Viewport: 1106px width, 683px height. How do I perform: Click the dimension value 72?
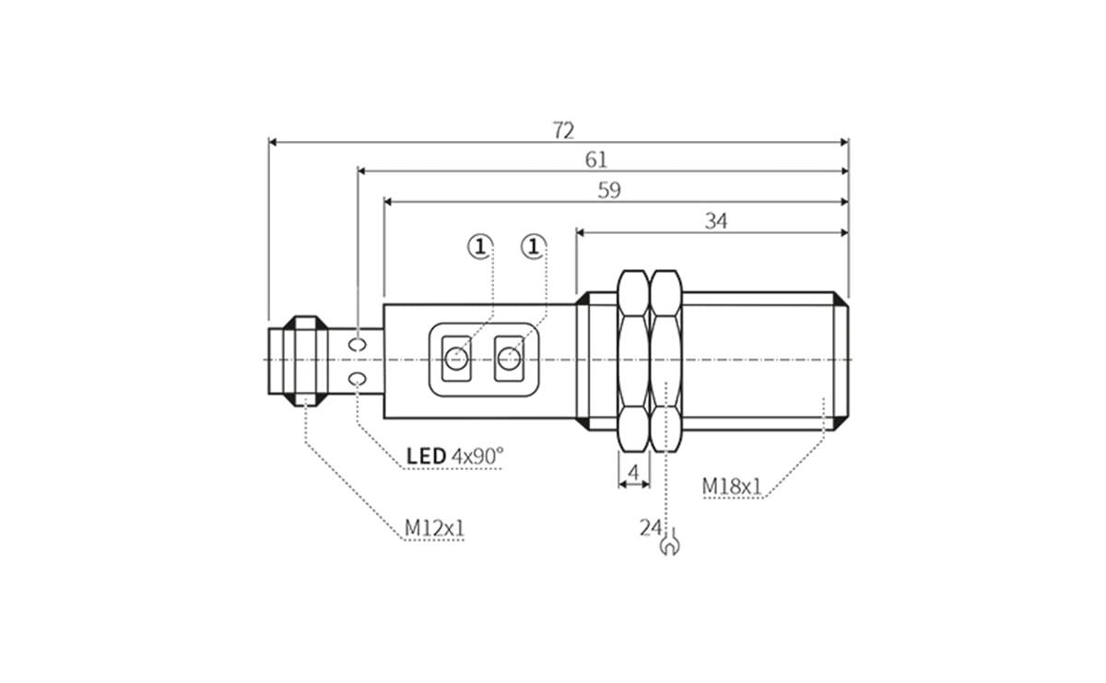(563, 130)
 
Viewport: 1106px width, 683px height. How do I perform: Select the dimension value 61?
(596, 159)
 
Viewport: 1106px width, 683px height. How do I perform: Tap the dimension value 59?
(609, 190)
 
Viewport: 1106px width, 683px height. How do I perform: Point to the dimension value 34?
(715, 221)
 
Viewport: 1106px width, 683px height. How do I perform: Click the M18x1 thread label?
(732, 486)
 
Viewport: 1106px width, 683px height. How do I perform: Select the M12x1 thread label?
(434, 528)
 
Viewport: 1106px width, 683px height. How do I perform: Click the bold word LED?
(427, 455)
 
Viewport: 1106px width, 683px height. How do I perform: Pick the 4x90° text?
(478, 455)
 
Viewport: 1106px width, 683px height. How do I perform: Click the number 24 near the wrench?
(650, 527)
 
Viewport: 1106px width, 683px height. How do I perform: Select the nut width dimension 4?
(632, 472)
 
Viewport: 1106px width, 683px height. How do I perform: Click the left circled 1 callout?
(479, 246)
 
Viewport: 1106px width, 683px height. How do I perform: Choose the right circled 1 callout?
(533, 246)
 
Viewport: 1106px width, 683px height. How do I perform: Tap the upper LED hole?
(358, 344)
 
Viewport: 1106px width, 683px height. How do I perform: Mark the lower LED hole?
(358, 379)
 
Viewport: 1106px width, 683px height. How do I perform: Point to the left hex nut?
(632, 359)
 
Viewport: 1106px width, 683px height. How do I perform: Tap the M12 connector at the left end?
(295, 359)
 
